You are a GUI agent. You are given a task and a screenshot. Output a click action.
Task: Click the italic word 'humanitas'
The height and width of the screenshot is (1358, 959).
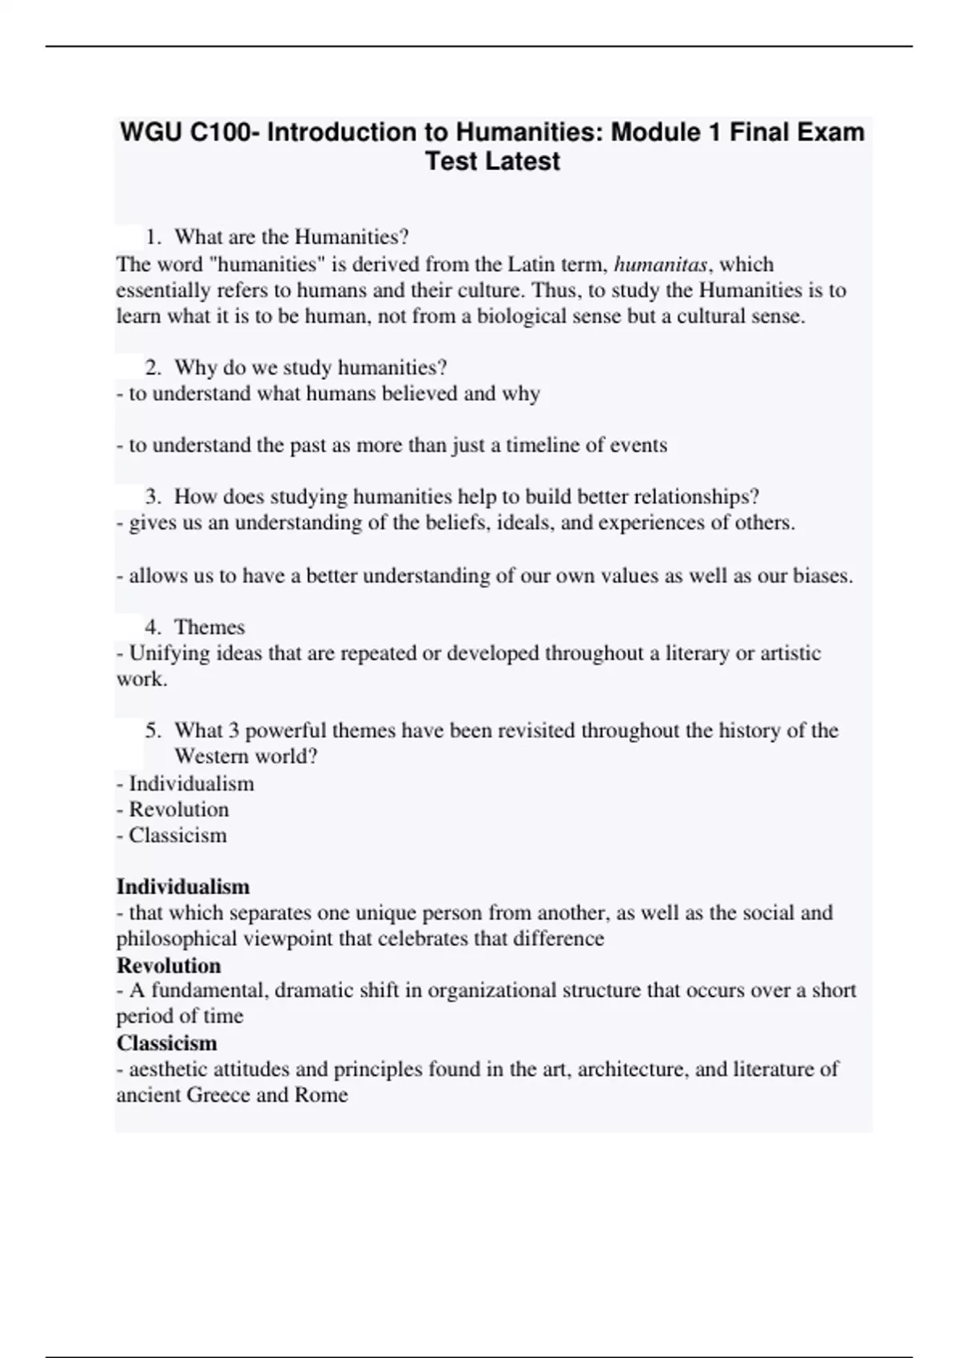pyautogui.click(x=660, y=264)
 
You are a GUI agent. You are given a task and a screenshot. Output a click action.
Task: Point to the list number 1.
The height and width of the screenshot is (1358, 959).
pyautogui.click(x=153, y=237)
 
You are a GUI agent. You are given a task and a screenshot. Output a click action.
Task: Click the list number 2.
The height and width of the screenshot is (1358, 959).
pyautogui.click(x=153, y=367)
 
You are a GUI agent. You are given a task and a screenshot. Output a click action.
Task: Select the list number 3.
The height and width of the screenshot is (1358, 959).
pyautogui.click(x=153, y=497)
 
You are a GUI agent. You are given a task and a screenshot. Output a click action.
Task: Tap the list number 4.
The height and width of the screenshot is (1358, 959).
pyautogui.click(x=153, y=627)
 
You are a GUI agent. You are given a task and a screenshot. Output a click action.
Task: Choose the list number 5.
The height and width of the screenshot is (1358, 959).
pyautogui.click(x=153, y=731)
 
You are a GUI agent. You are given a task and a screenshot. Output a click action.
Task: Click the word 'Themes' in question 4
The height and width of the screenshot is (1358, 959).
pyautogui.click(x=209, y=627)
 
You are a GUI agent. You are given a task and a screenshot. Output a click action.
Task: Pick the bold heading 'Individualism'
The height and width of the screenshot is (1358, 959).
pyautogui.click(x=183, y=887)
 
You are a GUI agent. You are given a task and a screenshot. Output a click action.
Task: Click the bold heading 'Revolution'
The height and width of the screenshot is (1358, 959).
pyautogui.click(x=169, y=965)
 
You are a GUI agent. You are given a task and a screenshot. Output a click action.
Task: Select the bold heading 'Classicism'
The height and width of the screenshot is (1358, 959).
pyautogui.click(x=166, y=1043)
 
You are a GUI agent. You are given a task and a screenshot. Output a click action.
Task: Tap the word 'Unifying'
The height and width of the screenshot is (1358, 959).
pyautogui.click(x=166, y=653)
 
